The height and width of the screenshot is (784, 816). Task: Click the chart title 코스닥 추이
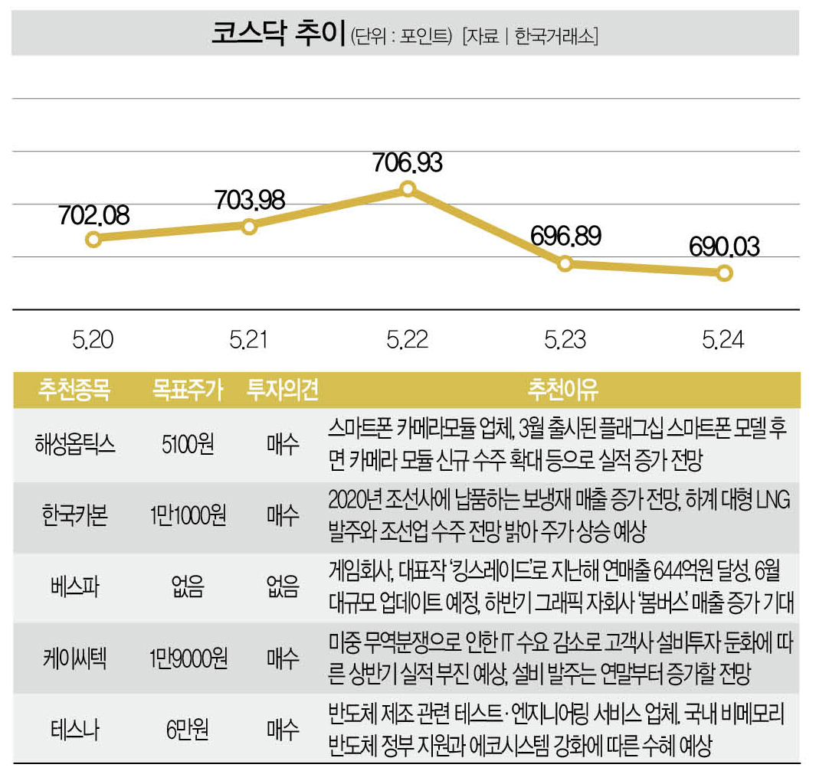click(277, 34)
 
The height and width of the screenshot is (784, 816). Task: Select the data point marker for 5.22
click(408, 188)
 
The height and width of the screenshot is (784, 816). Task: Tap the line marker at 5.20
click(93, 239)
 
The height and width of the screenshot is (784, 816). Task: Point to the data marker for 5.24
click(724, 273)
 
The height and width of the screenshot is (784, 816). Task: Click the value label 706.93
click(408, 162)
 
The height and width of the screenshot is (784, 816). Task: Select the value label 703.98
click(250, 200)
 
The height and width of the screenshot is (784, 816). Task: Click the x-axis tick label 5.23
click(565, 339)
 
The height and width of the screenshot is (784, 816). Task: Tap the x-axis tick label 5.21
click(250, 339)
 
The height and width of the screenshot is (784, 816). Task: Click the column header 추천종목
click(74, 390)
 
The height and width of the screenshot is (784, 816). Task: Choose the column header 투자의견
click(282, 390)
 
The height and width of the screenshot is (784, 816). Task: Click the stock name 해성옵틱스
click(74, 445)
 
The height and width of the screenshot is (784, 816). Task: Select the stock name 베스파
click(74, 587)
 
